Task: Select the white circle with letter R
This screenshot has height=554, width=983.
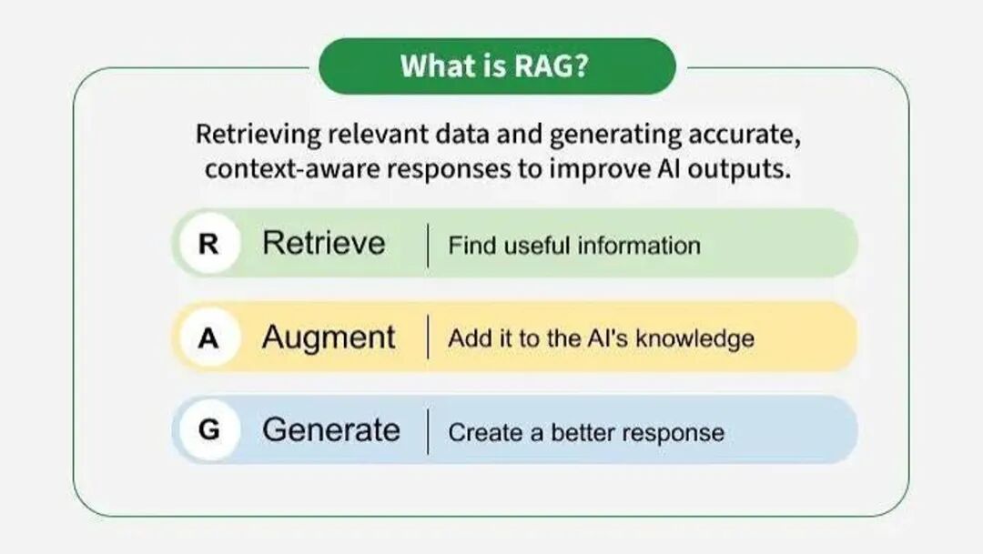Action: tap(209, 243)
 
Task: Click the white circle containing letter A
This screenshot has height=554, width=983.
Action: tap(209, 337)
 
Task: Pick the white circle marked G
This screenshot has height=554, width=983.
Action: tap(209, 430)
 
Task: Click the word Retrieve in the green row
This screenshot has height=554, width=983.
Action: tap(323, 243)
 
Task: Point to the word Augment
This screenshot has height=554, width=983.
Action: tap(329, 338)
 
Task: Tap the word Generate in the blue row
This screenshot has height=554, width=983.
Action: tap(331, 430)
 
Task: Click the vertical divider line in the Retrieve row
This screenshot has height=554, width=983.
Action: tap(428, 245)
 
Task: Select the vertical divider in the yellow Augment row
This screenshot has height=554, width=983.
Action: tap(428, 337)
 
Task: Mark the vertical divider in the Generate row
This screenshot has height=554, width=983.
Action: tap(428, 431)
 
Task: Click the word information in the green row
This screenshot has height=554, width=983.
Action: tap(639, 246)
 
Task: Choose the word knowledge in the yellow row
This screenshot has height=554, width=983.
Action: tap(695, 339)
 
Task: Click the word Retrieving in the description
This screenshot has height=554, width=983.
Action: tap(258, 136)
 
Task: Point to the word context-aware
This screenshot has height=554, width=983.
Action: tap(292, 169)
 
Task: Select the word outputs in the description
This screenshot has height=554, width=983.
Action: tap(739, 170)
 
